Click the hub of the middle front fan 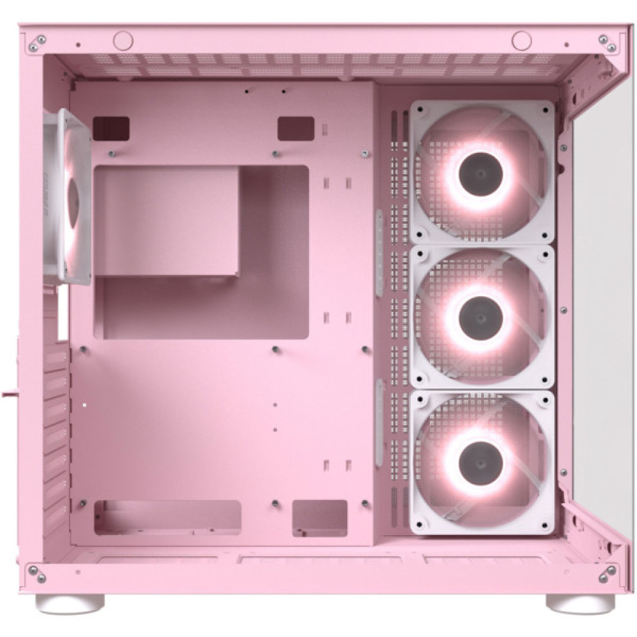pos(482,317)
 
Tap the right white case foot pos(580,602)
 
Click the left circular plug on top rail pos(123,41)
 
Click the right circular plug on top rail pos(521,41)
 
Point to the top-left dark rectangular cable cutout pos(111,129)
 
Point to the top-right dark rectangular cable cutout pos(296,128)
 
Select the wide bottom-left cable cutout pos(168,517)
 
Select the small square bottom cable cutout pos(320,517)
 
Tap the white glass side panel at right pos(602,318)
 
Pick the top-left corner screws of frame pos(37,43)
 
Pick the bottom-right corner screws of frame pos(606,574)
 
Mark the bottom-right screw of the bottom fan pos(545,526)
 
